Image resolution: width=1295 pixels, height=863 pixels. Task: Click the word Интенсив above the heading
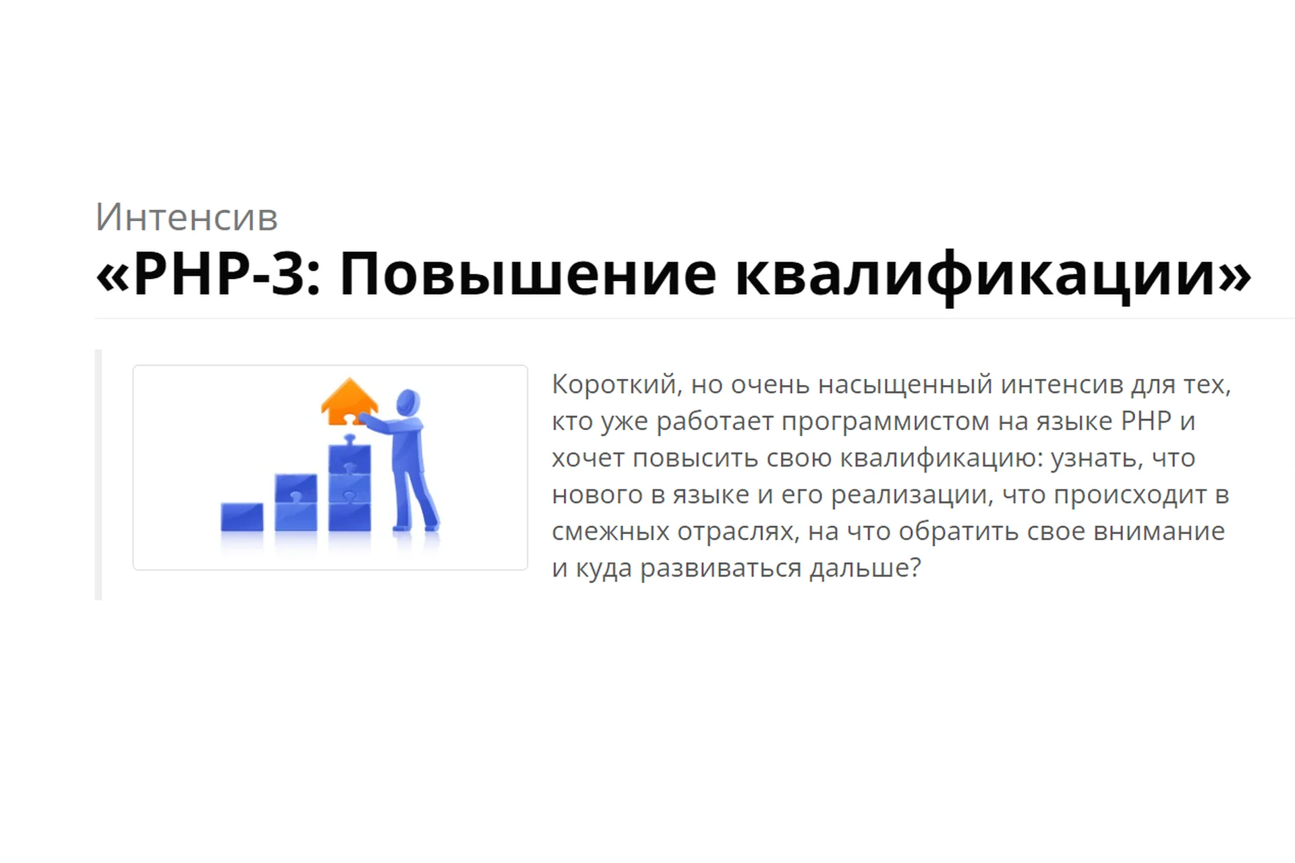click(x=186, y=218)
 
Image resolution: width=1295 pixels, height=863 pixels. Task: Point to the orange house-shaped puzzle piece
click(x=349, y=402)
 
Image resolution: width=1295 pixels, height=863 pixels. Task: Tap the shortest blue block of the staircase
click(x=242, y=516)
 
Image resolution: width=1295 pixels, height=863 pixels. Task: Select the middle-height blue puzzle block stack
click(x=295, y=502)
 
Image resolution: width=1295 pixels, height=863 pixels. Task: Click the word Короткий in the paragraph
click(x=614, y=385)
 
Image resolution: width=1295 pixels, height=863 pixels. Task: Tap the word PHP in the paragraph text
click(x=1146, y=421)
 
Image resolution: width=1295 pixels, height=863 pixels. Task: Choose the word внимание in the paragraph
click(x=1159, y=531)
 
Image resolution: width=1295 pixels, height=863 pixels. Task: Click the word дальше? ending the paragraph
click(x=865, y=568)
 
